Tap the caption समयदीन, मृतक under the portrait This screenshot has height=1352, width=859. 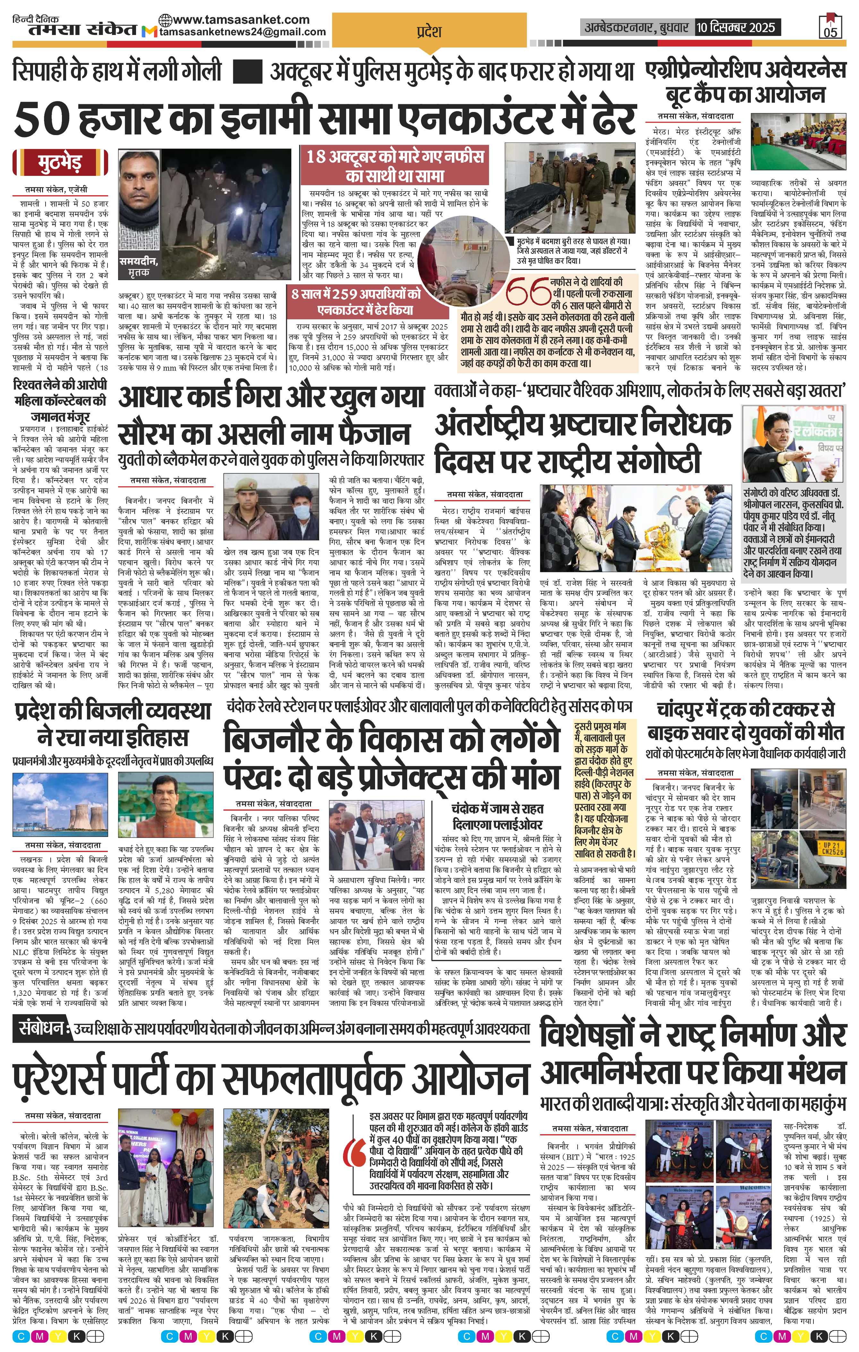[x=138, y=266]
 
